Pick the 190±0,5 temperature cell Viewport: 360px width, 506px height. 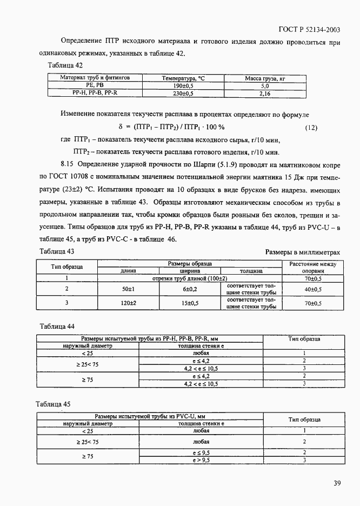(x=183, y=86)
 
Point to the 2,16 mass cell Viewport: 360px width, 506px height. (x=264, y=94)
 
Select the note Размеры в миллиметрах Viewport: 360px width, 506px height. (x=303, y=252)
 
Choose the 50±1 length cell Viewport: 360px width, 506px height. (x=128, y=289)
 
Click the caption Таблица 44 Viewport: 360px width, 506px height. (x=57, y=326)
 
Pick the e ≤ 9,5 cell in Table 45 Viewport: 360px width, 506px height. (x=201, y=452)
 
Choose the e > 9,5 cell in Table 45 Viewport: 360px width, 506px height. (x=201, y=460)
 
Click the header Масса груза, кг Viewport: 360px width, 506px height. (x=264, y=78)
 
